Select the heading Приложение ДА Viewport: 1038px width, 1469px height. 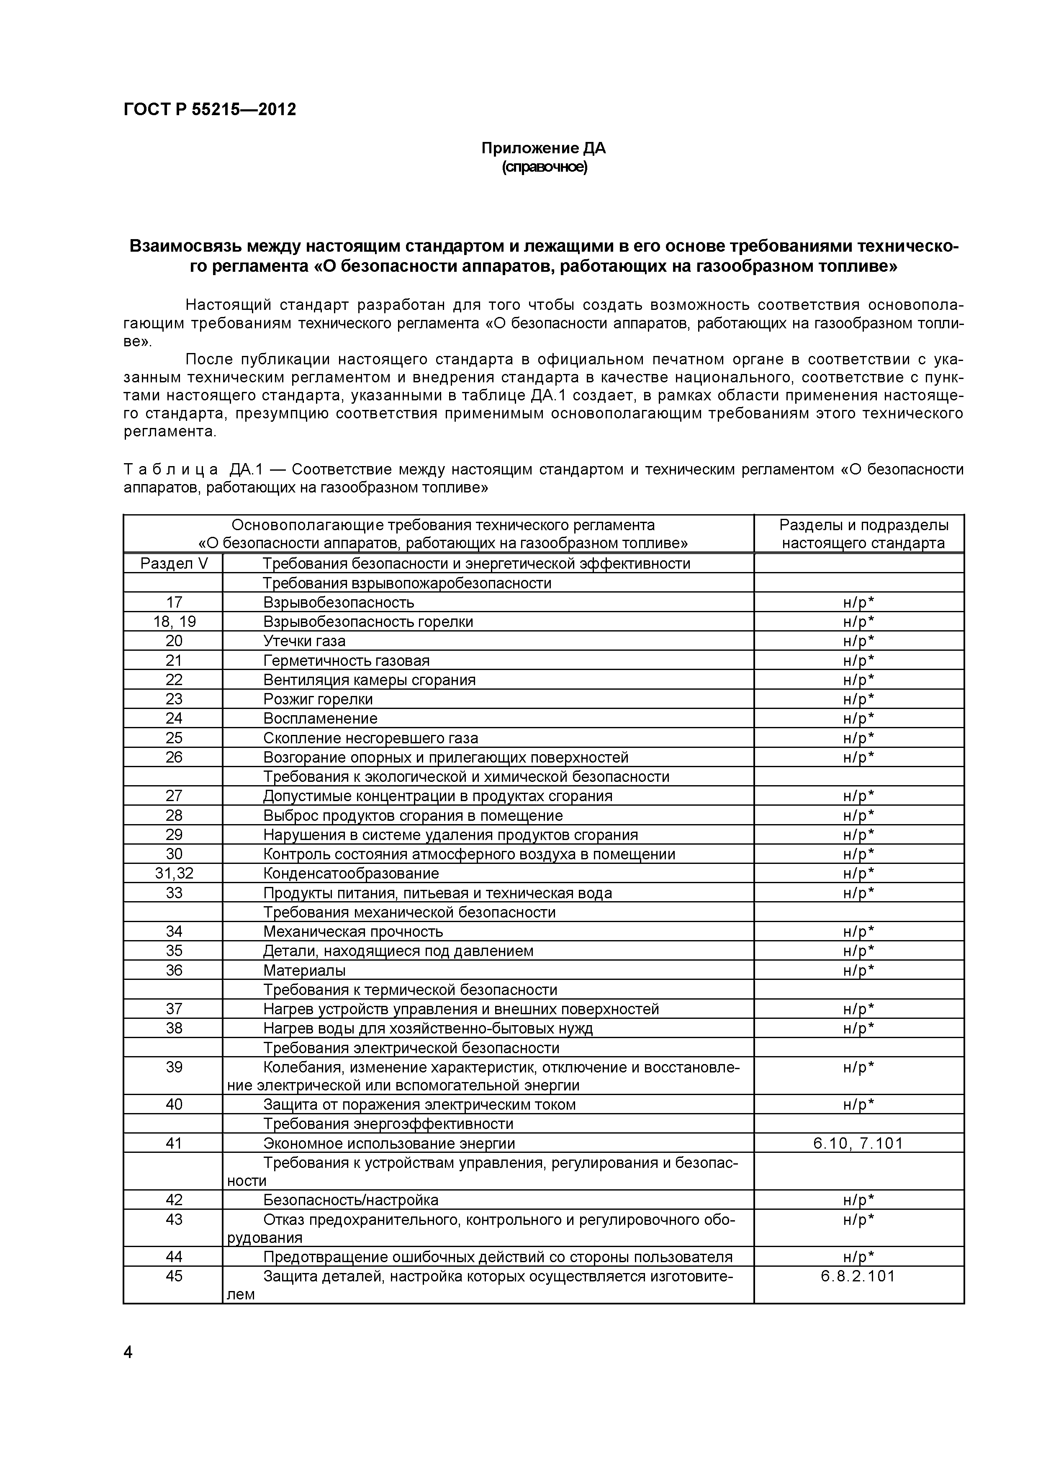point(543,148)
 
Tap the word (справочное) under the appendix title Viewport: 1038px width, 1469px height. point(544,168)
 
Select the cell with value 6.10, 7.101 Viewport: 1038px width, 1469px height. point(858,1143)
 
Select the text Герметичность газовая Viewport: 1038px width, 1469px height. point(346,660)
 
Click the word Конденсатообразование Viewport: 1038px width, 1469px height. point(351,874)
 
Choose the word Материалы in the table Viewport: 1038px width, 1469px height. point(304,970)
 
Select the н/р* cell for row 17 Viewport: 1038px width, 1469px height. point(858,602)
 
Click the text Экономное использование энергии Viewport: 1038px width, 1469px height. point(389,1143)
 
